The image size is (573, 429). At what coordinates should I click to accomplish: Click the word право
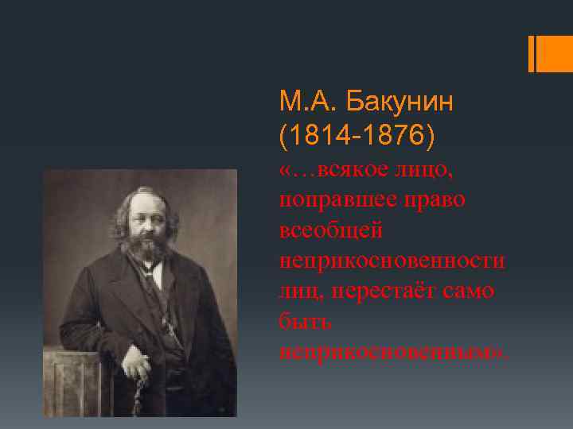pyautogui.click(x=437, y=199)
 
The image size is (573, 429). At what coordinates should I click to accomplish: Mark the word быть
pyautogui.click(x=306, y=321)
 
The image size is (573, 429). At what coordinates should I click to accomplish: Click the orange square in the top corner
pyautogui.click(x=555, y=53)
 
